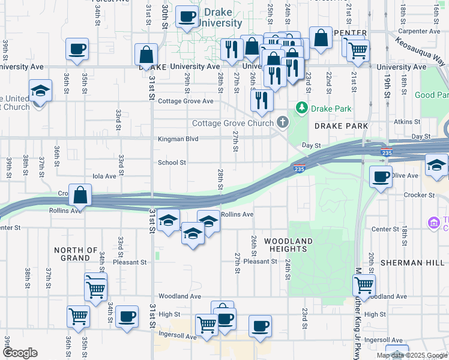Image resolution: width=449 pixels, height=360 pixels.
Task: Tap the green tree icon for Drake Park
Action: (301, 108)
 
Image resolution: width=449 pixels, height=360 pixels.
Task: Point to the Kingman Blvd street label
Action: (178, 139)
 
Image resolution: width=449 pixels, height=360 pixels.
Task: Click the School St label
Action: (172, 163)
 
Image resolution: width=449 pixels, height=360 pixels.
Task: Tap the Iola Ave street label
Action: (103, 176)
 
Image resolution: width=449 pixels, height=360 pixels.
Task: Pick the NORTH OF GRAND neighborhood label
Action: (76, 254)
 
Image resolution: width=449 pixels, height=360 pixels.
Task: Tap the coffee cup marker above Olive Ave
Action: (381, 177)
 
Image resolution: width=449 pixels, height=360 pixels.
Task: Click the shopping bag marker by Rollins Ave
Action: (80, 195)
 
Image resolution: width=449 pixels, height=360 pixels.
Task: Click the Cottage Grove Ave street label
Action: (185, 101)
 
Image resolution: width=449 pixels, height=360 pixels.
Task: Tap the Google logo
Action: (20, 353)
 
